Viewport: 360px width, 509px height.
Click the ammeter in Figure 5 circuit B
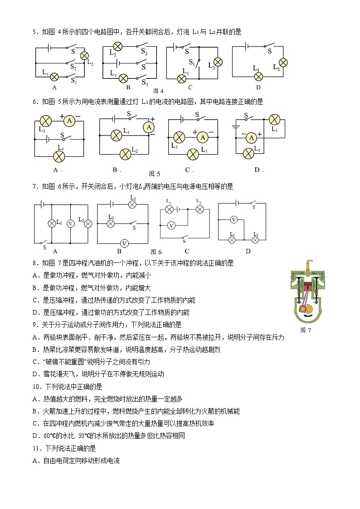pyautogui.click(x=149, y=128)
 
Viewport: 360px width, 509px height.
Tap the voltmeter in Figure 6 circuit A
pyautogui.click(x=70, y=223)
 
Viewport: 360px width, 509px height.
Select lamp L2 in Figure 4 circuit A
pyautogui.click(x=84, y=56)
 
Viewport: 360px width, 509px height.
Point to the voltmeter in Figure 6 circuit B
pyautogui.click(x=123, y=243)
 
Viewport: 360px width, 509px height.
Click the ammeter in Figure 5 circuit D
pyautogui.click(x=250, y=138)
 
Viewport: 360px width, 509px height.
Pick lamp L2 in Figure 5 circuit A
pyautogui.click(x=45, y=121)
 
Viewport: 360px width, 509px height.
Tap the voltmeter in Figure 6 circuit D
pyautogui.click(x=234, y=220)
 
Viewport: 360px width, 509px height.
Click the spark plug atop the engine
pyautogui.click(x=310, y=263)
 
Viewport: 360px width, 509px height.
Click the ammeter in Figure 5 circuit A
pyautogui.click(x=68, y=121)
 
